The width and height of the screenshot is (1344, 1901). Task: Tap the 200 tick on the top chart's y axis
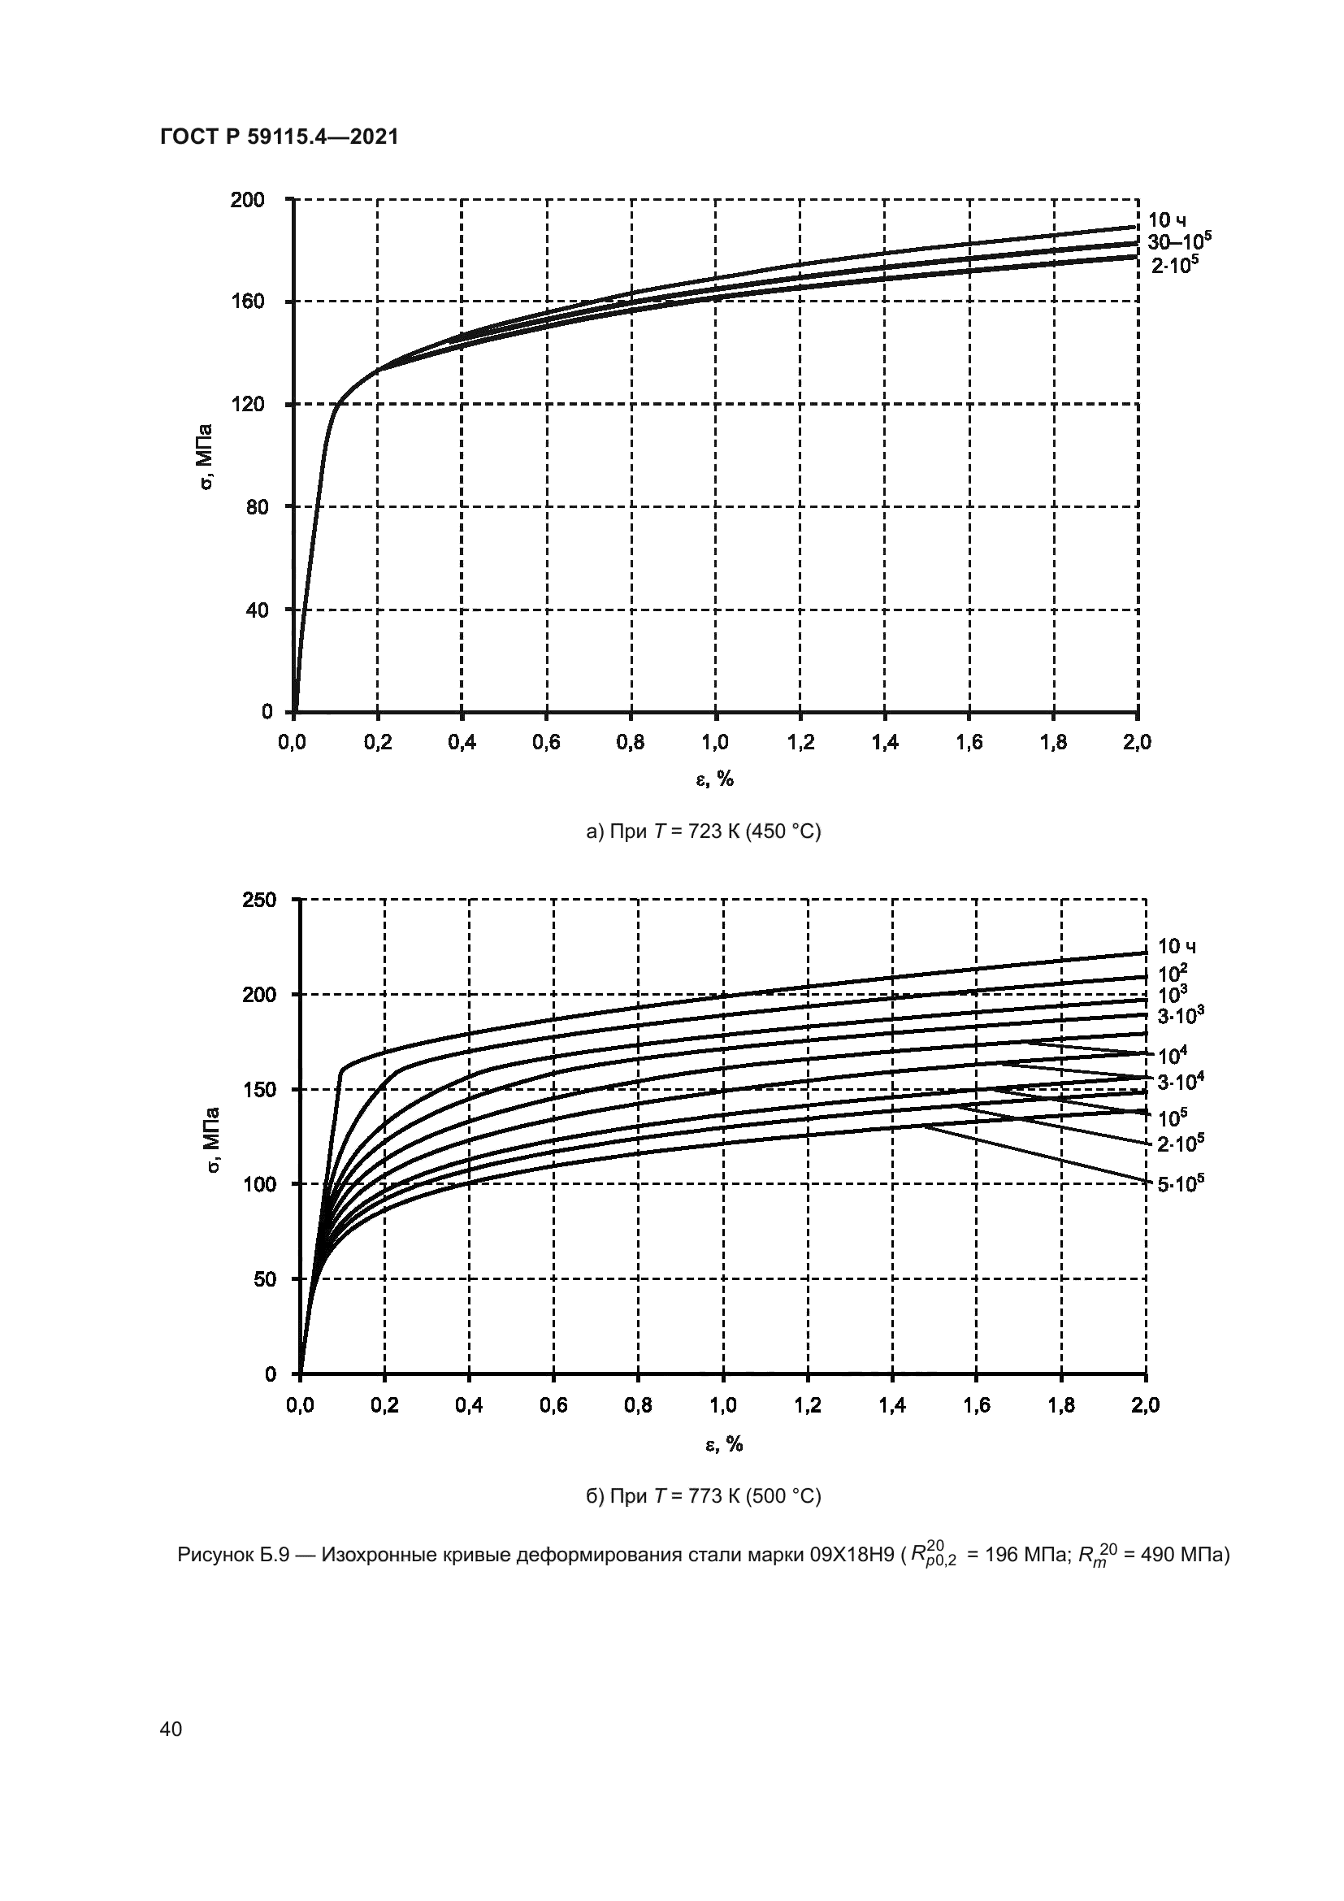[248, 200]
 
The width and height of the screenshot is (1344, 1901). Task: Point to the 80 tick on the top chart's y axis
[257, 506]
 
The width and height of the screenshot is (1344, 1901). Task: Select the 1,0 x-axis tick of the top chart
[715, 743]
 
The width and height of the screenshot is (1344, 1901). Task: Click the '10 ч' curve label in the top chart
[1167, 220]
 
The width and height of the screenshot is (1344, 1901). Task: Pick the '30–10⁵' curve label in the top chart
[1178, 241]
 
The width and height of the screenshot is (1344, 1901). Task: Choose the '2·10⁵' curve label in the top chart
[1174, 266]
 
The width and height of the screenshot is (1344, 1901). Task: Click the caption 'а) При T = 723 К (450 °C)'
[704, 831]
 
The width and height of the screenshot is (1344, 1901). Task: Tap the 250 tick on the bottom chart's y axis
[259, 899]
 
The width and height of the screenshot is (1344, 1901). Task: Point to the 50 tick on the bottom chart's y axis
[265, 1279]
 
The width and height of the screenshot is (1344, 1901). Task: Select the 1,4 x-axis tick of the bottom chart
[892, 1405]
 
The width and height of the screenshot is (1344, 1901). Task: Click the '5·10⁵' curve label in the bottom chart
[1180, 1185]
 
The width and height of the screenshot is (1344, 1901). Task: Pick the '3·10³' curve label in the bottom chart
[1180, 1014]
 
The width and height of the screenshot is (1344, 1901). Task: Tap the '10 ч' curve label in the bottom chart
[1176, 946]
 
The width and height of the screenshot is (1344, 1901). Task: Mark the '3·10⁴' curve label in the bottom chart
[1180, 1081]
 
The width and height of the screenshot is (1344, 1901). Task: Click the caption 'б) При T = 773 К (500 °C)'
[704, 1497]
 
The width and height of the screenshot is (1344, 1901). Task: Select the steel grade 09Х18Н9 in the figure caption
[852, 1556]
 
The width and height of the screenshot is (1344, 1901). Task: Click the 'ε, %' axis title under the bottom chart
[723, 1445]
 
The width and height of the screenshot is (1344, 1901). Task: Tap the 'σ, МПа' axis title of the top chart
[206, 456]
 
